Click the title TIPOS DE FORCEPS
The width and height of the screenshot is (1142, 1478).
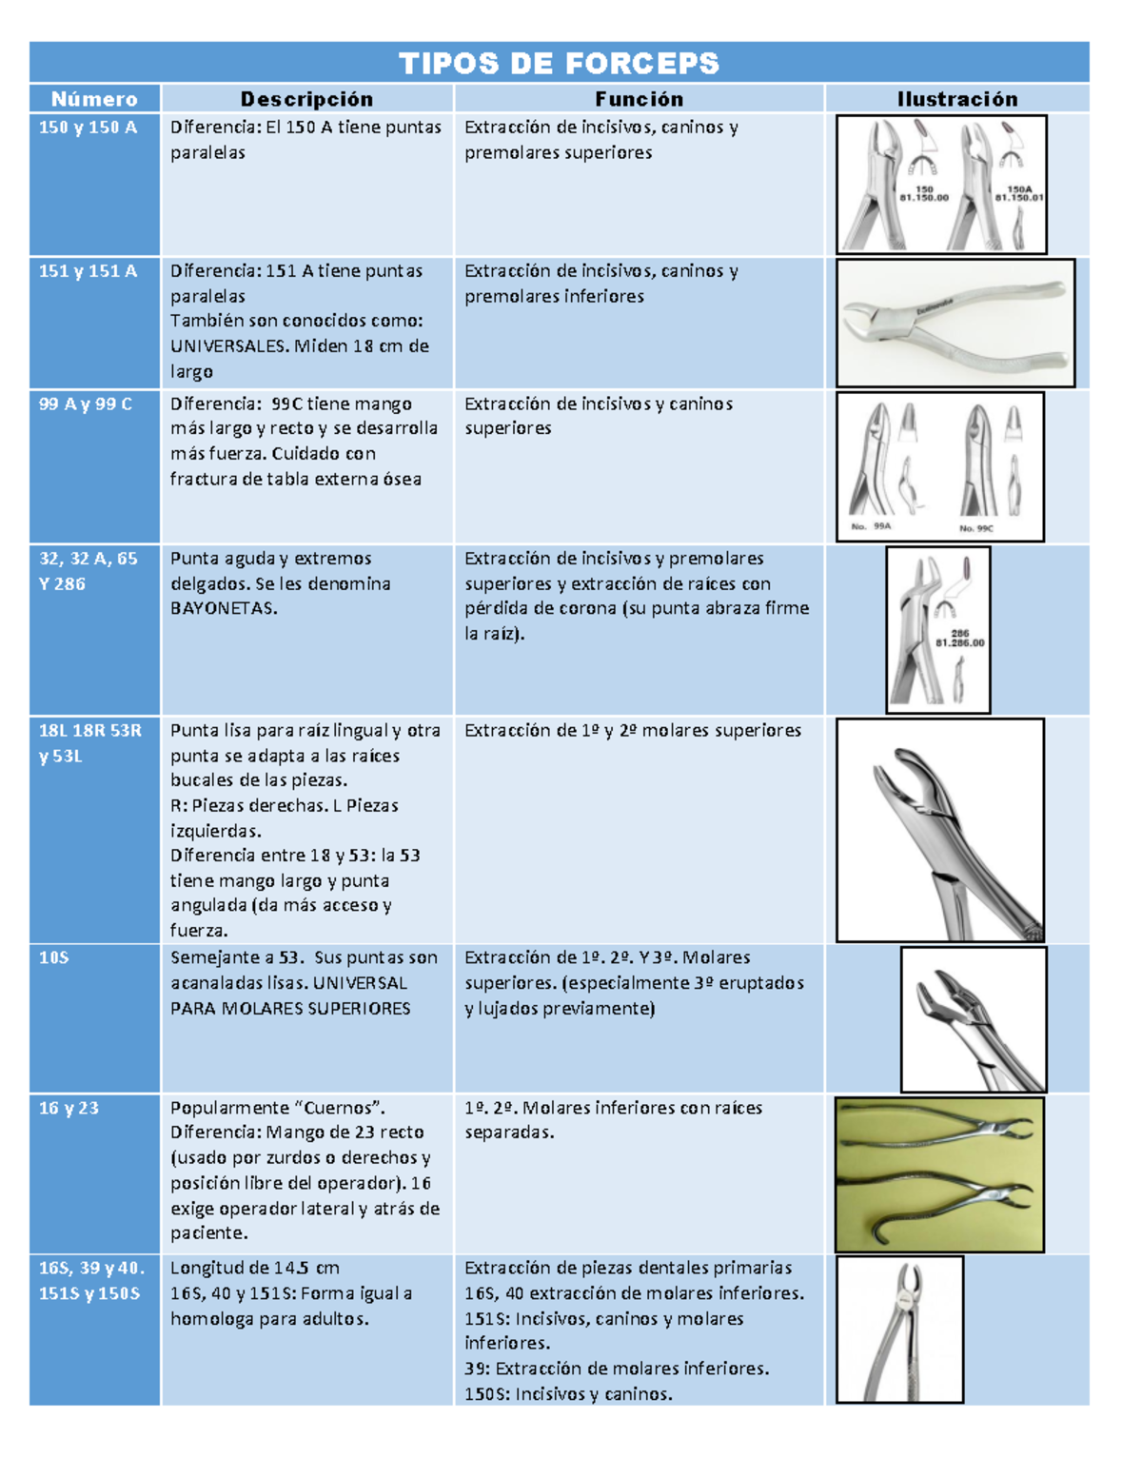point(559,64)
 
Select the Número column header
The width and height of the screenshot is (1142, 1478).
point(94,99)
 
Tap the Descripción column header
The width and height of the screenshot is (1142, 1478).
point(306,99)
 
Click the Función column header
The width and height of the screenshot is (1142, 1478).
point(639,99)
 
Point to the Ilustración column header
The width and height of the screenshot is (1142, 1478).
point(956,99)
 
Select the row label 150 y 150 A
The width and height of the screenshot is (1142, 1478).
point(88,128)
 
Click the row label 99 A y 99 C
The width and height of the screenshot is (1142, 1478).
point(86,404)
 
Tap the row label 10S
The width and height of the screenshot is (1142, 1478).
point(54,958)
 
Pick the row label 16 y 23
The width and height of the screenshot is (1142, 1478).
point(69,1109)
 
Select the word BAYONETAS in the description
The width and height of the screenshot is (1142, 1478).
point(223,609)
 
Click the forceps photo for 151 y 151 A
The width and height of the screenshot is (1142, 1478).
point(955,324)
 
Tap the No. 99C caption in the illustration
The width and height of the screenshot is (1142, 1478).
point(975,528)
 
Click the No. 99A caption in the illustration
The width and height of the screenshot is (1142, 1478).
point(871,526)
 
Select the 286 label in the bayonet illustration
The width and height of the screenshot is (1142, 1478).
point(959,633)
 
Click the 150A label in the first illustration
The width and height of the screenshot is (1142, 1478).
point(1018,190)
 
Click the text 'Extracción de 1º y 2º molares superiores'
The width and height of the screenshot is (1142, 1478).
point(633,731)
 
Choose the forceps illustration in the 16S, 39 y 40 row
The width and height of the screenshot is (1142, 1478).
point(899,1330)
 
